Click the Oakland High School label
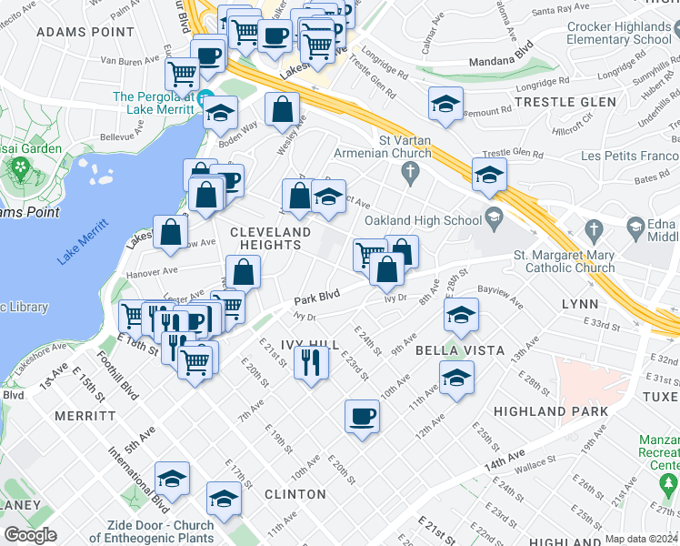point(423,220)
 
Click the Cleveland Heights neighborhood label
point(270,233)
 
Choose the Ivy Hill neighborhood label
point(311,346)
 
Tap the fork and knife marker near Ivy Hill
point(312,363)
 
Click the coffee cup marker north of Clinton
point(362,416)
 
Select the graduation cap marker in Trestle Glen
point(445,104)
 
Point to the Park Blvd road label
point(316,297)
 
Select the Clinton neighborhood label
point(295,494)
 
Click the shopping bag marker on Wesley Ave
point(284,109)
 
